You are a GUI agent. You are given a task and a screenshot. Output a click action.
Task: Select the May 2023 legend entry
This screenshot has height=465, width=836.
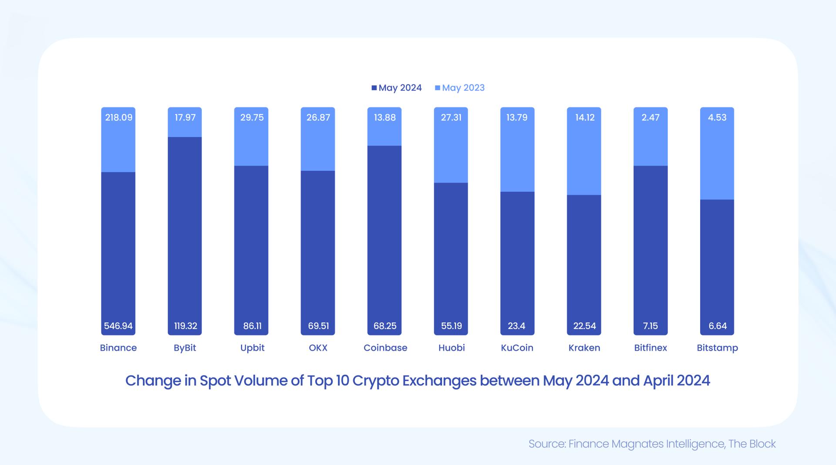pos(460,88)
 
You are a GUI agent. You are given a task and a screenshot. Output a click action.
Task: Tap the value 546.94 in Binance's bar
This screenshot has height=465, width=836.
pos(118,326)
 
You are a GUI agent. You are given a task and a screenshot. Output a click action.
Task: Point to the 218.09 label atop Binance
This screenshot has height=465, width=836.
pos(118,117)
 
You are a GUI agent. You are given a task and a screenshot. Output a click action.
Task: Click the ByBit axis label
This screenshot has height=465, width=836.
pos(185,348)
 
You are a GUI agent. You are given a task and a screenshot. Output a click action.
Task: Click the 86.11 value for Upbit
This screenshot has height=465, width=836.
pos(252,326)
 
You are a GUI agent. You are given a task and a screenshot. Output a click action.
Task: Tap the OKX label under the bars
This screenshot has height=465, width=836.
pos(318,348)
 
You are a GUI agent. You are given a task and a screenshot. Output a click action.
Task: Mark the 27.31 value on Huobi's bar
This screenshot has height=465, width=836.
pos(451,117)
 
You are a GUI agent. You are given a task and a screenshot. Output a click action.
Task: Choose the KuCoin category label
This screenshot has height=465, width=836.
pos(517,348)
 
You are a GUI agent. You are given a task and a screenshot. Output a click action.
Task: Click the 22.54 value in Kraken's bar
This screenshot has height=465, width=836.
pos(584,326)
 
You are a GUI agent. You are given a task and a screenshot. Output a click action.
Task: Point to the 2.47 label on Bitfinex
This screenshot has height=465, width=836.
pos(651,117)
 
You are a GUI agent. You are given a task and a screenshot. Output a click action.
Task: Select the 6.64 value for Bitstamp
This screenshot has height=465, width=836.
pos(718,326)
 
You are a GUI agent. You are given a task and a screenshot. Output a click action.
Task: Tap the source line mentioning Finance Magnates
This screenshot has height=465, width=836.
pos(652,444)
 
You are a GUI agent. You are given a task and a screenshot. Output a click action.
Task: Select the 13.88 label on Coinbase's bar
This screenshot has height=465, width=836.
pos(384,117)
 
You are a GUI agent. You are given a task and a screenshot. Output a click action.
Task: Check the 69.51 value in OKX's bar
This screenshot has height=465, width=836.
pos(318,326)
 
